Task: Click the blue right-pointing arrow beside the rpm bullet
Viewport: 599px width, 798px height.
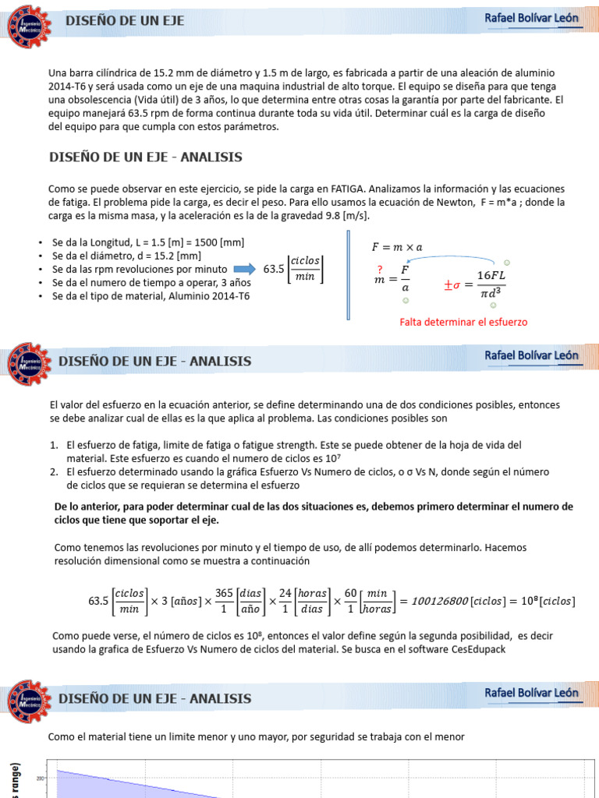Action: (244, 269)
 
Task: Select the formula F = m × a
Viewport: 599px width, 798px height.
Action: (396, 247)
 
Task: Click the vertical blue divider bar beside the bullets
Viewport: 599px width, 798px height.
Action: (349, 274)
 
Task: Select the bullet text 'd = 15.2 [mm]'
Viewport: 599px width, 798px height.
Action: (127, 256)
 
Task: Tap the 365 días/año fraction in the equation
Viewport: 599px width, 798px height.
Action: (240, 600)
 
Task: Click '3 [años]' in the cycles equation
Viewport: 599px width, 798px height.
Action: (181, 601)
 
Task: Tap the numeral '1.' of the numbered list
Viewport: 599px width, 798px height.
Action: (55, 445)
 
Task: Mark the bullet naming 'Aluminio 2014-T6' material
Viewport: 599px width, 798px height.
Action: (151, 295)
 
